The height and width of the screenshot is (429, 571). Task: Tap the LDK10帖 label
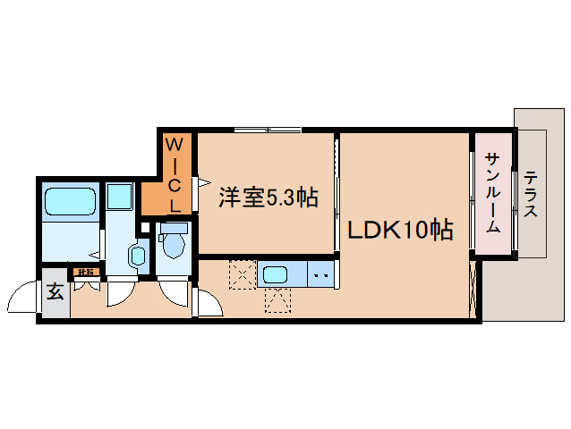tap(399, 231)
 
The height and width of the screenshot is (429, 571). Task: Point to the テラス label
tap(532, 195)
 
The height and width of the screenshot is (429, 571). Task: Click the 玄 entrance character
tap(55, 290)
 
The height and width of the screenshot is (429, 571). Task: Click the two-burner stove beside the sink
tap(321, 274)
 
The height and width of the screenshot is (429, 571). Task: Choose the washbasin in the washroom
tap(137, 257)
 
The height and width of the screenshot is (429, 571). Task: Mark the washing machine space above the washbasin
tap(119, 197)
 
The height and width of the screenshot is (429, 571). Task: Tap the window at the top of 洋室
tap(268, 131)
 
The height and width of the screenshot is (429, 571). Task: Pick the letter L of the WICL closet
tap(176, 205)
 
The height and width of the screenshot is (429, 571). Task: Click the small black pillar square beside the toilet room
tap(145, 226)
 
